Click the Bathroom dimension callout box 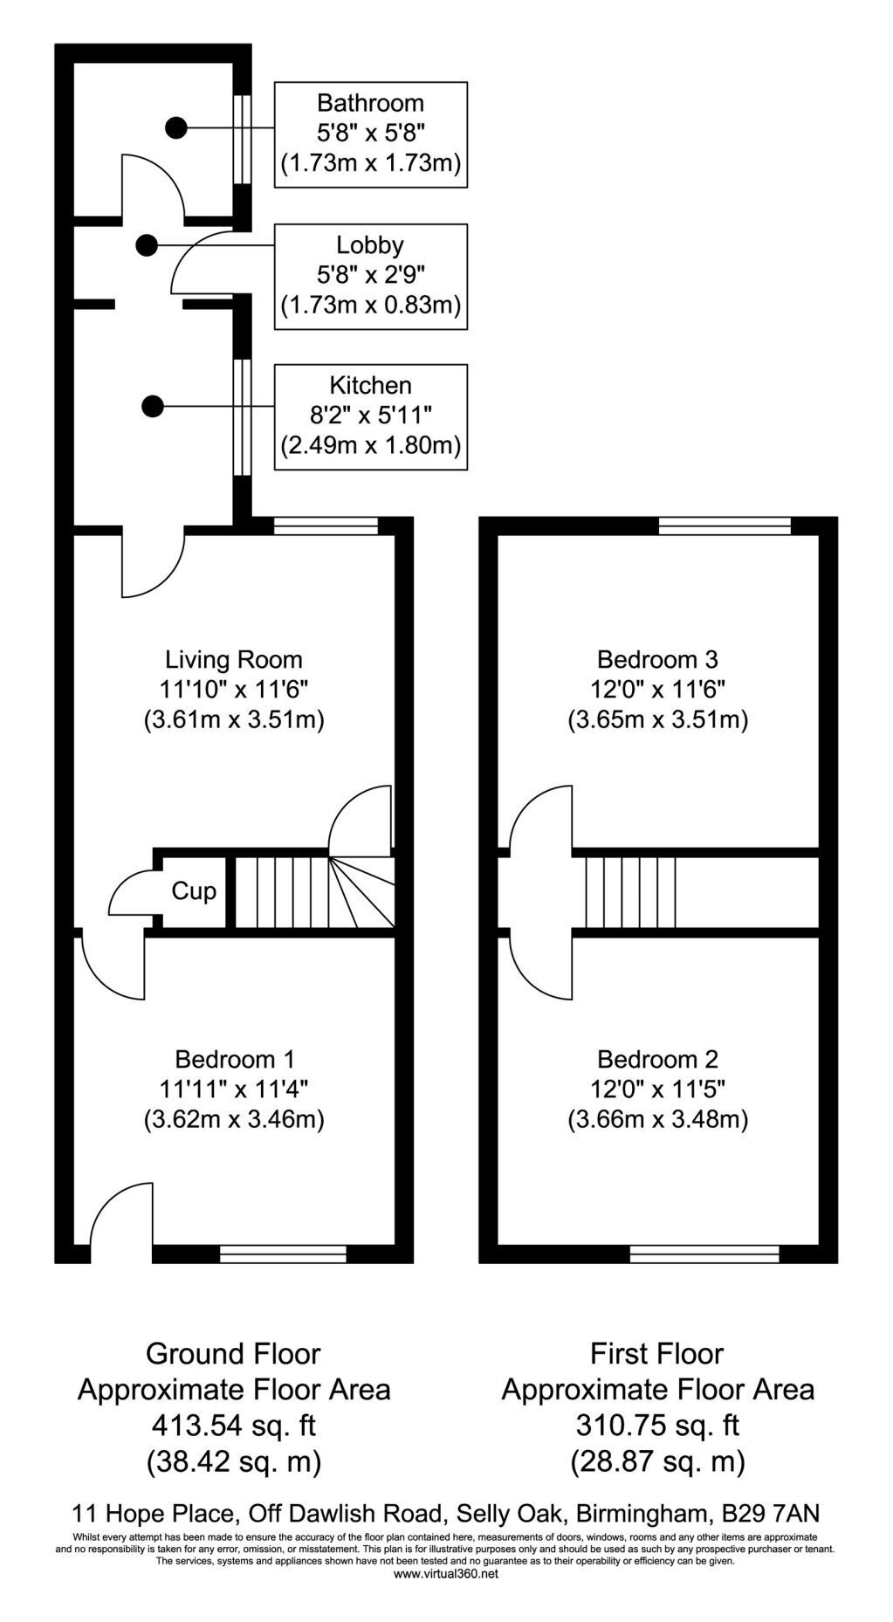coord(371,134)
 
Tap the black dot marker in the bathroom coord(176,127)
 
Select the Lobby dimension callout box coord(371,276)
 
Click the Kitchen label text coord(370,385)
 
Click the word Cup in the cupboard coord(194,891)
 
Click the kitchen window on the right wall coord(242,416)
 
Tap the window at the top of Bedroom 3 coord(725,526)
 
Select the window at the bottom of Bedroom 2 coord(704,1254)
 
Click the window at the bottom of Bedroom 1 coord(283,1254)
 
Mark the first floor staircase coord(630,891)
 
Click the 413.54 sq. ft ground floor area coord(233,1425)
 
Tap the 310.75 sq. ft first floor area coord(657,1425)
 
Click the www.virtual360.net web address coord(446,1574)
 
